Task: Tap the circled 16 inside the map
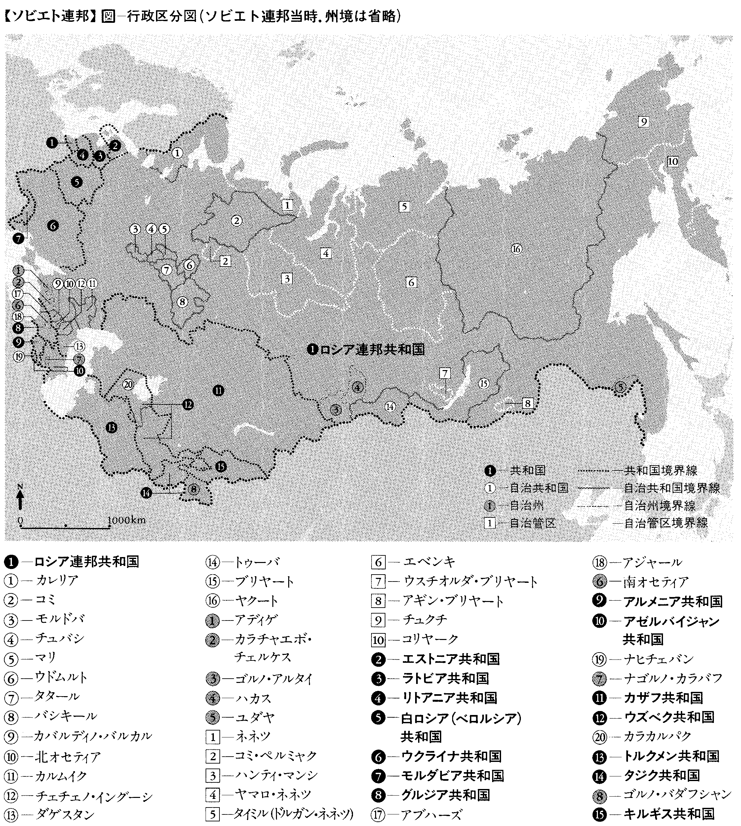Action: point(516,249)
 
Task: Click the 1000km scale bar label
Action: point(127,520)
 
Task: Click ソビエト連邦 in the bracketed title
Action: point(49,17)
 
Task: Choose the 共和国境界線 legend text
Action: point(660,470)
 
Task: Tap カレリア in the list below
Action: point(57,580)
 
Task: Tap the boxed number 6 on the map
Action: point(411,282)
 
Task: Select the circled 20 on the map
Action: point(128,384)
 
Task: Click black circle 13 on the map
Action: point(111,428)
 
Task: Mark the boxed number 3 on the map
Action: point(287,279)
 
